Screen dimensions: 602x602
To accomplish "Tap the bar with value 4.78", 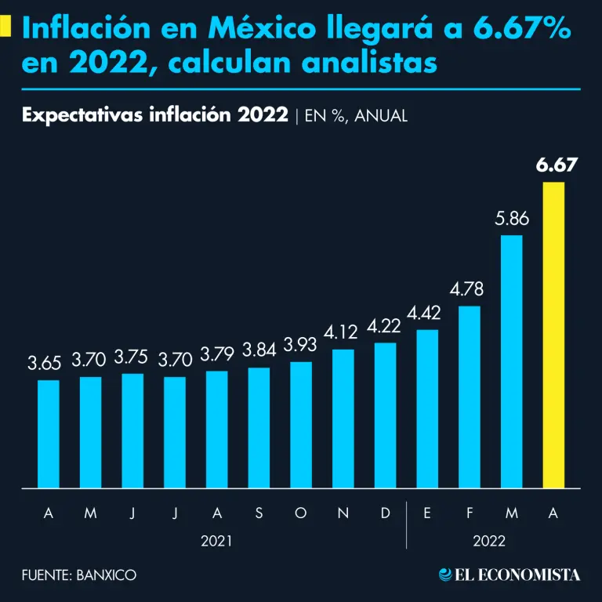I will coord(469,397).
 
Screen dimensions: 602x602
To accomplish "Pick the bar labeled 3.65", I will coord(49,434).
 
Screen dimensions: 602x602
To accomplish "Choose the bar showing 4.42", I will coord(427,408).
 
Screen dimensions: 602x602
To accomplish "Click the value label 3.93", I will coord(300,345).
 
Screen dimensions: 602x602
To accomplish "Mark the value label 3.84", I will coord(259,350).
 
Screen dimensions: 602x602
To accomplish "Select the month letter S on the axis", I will coord(259,513).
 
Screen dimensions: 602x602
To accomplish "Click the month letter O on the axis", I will coord(300,513).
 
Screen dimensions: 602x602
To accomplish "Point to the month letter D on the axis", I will coord(385,513).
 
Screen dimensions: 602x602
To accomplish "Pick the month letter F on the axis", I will coord(469,513).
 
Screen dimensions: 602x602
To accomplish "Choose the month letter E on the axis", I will coord(427,513).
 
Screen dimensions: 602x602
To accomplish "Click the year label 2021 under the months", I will coord(216,541).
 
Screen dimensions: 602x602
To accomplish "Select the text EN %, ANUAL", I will coord(354,115).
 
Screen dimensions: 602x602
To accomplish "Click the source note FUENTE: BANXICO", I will coord(78,575).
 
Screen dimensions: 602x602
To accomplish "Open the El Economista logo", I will coord(510,575).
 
